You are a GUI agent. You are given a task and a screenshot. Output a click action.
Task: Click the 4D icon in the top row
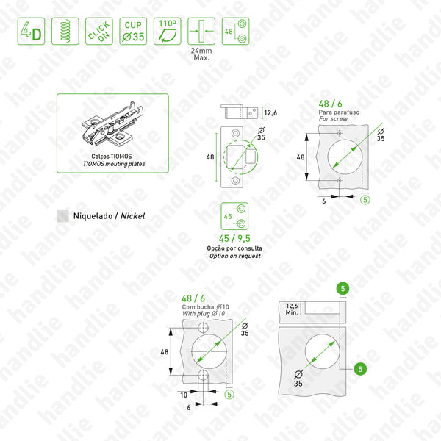click(31, 31)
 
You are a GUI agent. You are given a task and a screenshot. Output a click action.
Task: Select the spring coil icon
click(65, 31)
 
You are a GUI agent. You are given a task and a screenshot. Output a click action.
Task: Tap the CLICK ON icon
click(99, 31)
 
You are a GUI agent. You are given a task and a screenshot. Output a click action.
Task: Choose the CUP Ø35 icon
click(133, 31)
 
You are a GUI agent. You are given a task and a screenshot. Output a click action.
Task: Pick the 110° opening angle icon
click(168, 31)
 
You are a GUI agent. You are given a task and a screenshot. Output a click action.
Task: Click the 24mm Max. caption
click(201, 54)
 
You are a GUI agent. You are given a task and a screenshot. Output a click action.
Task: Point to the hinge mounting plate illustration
click(112, 123)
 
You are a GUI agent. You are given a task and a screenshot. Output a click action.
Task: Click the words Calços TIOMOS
click(112, 157)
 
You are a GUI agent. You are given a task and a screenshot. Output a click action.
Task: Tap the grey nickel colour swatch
click(62, 216)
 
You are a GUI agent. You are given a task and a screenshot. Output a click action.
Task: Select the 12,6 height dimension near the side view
click(270, 113)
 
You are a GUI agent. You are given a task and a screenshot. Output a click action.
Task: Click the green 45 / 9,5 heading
click(234, 238)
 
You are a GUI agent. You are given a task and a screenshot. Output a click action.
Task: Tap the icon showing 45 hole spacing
click(234, 216)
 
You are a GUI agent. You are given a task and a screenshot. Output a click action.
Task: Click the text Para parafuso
click(339, 112)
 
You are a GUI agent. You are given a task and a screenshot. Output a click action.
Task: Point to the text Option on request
click(235, 256)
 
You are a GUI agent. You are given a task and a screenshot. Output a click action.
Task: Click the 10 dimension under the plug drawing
click(184, 395)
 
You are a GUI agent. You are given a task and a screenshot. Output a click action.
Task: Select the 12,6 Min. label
click(292, 309)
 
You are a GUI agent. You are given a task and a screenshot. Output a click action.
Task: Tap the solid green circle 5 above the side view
click(343, 289)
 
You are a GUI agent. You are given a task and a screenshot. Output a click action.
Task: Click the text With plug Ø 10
click(204, 314)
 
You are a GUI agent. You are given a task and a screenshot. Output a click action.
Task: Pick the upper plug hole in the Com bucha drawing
click(203, 328)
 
